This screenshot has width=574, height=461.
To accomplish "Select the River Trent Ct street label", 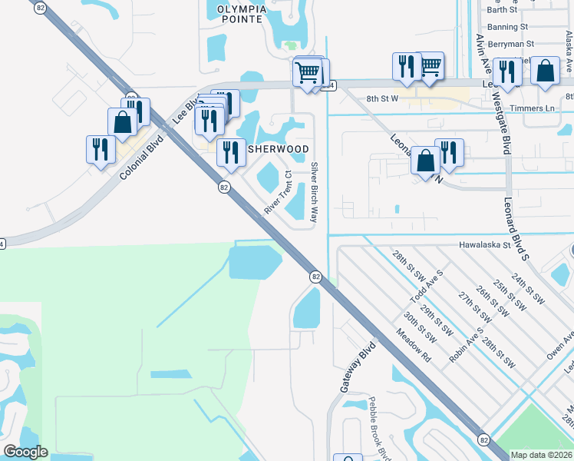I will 279,193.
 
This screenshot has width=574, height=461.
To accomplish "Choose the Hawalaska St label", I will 484,245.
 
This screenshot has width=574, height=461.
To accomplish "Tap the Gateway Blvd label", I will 357,367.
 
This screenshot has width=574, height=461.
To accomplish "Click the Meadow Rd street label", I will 414,346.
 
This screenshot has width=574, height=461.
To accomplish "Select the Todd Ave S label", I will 427,288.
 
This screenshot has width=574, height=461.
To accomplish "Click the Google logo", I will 25,452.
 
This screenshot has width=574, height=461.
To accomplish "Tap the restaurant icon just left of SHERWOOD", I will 230,152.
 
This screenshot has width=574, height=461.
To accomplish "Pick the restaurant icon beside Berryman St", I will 506,71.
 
